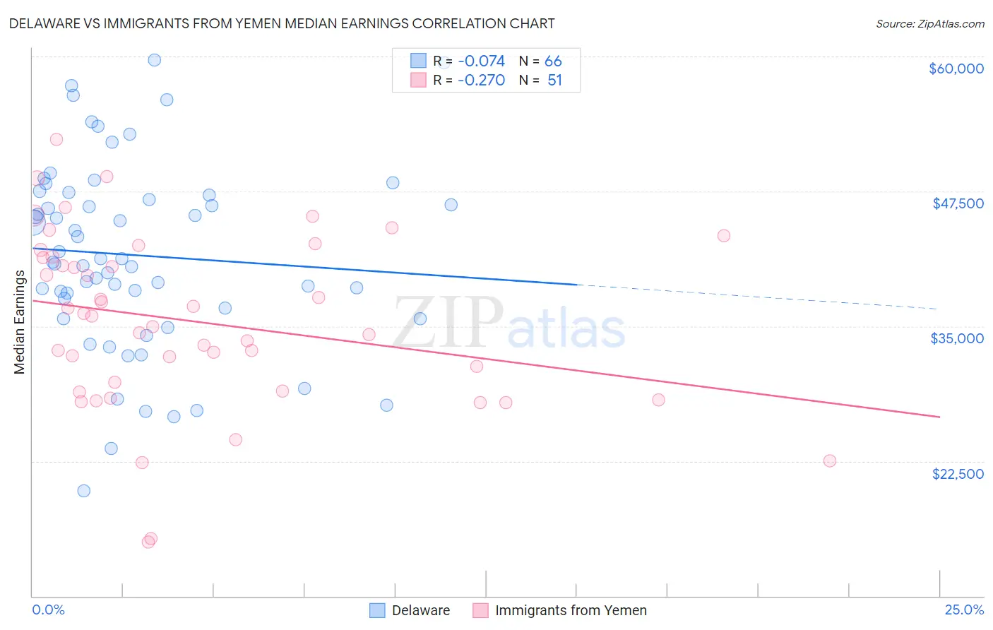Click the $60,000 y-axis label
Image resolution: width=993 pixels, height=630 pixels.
[x=956, y=69]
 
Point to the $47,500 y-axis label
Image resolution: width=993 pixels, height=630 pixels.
[x=958, y=203]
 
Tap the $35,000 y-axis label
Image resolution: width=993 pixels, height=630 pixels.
[x=957, y=338]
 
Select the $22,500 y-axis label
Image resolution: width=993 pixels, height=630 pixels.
[x=958, y=474]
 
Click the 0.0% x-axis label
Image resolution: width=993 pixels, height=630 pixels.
[x=48, y=610]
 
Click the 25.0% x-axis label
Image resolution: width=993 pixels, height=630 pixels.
[x=964, y=610]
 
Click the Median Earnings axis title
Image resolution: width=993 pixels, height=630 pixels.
[x=19, y=322]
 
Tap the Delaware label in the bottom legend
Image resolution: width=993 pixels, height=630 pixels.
[x=421, y=610]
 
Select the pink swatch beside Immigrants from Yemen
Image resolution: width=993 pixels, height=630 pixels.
[x=480, y=610]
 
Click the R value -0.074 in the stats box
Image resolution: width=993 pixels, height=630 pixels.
[x=481, y=61]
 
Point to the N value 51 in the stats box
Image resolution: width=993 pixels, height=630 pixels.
[x=554, y=81]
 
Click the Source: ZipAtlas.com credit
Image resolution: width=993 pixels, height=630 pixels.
[x=929, y=23]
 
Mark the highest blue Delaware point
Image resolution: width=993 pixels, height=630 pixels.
[x=154, y=60]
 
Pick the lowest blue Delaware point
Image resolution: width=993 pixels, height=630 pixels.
[x=83, y=491]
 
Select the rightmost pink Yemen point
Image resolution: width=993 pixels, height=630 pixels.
[x=830, y=461]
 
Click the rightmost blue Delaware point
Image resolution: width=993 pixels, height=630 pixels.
[x=451, y=205]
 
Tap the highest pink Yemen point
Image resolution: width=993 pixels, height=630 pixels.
[x=57, y=139]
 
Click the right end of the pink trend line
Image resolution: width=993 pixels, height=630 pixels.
[x=939, y=417]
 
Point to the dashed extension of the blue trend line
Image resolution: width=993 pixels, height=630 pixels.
[x=756, y=296]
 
